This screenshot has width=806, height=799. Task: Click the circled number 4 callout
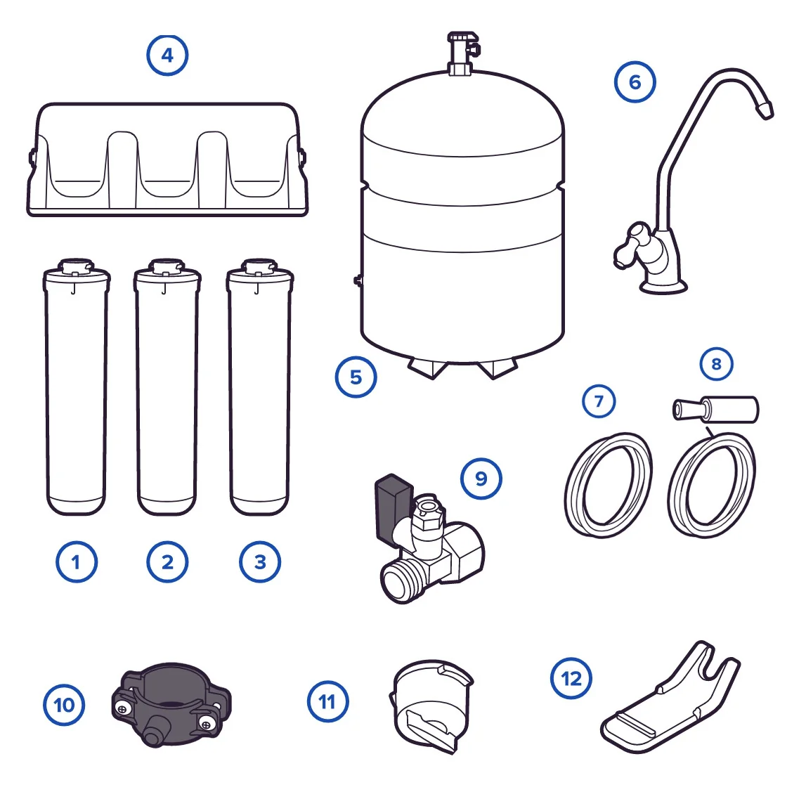click(167, 56)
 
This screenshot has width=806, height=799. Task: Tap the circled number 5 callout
click(356, 377)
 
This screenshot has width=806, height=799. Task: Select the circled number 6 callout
click(635, 82)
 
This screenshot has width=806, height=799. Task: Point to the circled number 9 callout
click(481, 479)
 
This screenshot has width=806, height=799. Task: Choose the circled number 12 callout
click(571, 678)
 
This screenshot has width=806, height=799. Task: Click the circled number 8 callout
click(717, 364)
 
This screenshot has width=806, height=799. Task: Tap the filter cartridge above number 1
click(76, 386)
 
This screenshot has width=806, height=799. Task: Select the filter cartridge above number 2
click(167, 386)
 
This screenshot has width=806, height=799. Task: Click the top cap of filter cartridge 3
click(259, 269)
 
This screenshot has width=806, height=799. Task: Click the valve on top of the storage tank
click(463, 53)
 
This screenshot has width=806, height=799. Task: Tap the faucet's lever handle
click(632, 245)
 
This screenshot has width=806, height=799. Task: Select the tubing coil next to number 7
click(609, 486)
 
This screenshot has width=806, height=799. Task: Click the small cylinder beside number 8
click(716, 410)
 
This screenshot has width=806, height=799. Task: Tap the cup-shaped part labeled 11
click(431, 706)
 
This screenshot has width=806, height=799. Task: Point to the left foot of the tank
click(428, 369)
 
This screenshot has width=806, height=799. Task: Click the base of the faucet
click(663, 285)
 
